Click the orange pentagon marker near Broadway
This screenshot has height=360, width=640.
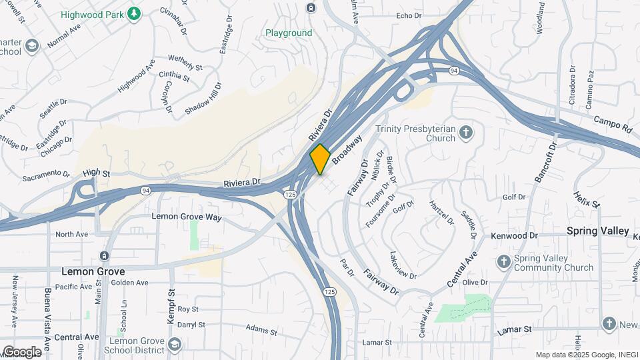[320, 159]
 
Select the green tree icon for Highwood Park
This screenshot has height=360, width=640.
[134, 13]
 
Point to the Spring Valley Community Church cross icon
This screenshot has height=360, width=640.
[504, 261]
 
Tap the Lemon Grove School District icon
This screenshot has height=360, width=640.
[175, 344]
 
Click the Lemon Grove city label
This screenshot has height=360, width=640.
[93, 271]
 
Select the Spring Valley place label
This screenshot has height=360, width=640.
[597, 231]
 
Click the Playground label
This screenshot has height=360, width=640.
[289, 33]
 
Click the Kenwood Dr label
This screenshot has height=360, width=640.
[514, 236]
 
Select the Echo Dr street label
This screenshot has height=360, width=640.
[409, 15]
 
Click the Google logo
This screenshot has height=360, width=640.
[21, 352]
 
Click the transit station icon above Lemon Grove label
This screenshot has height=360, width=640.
[104, 255]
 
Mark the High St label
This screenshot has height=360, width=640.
[97, 173]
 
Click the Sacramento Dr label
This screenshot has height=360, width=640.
[46, 177]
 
